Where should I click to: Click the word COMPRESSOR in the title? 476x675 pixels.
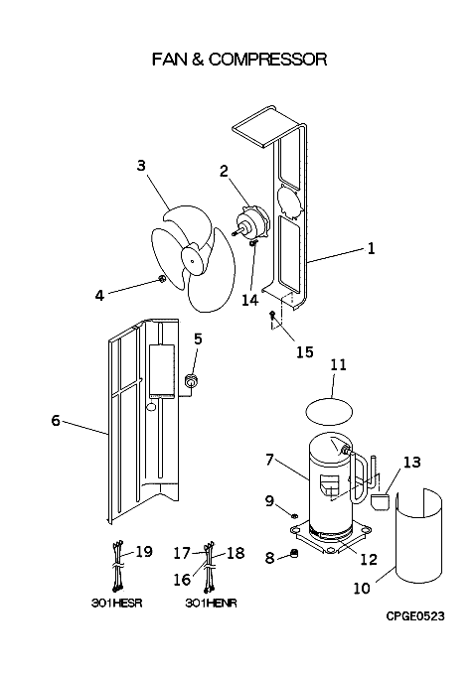(x=267, y=60)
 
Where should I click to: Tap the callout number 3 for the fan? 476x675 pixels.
(x=141, y=166)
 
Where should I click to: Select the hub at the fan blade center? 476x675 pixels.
(x=194, y=259)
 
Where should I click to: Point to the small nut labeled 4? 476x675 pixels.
(x=162, y=279)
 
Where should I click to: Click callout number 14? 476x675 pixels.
(x=249, y=300)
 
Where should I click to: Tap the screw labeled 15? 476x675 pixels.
(x=272, y=315)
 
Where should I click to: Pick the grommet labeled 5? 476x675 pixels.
(x=190, y=381)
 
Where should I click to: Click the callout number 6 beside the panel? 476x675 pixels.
(x=56, y=420)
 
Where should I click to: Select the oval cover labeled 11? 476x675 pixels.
(x=329, y=411)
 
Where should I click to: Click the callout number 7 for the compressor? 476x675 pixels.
(x=269, y=460)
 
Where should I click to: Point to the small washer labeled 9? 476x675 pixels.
(x=295, y=515)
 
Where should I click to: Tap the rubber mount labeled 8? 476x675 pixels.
(x=294, y=554)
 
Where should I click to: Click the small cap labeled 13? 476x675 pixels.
(x=380, y=501)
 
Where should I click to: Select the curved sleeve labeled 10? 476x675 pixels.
(x=418, y=536)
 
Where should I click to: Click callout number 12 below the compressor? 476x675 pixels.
(x=369, y=559)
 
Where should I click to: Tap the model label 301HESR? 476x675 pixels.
(x=116, y=604)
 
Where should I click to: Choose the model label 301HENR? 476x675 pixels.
(x=211, y=604)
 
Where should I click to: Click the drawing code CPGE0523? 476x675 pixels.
(x=414, y=616)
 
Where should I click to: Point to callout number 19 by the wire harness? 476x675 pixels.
(x=144, y=552)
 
